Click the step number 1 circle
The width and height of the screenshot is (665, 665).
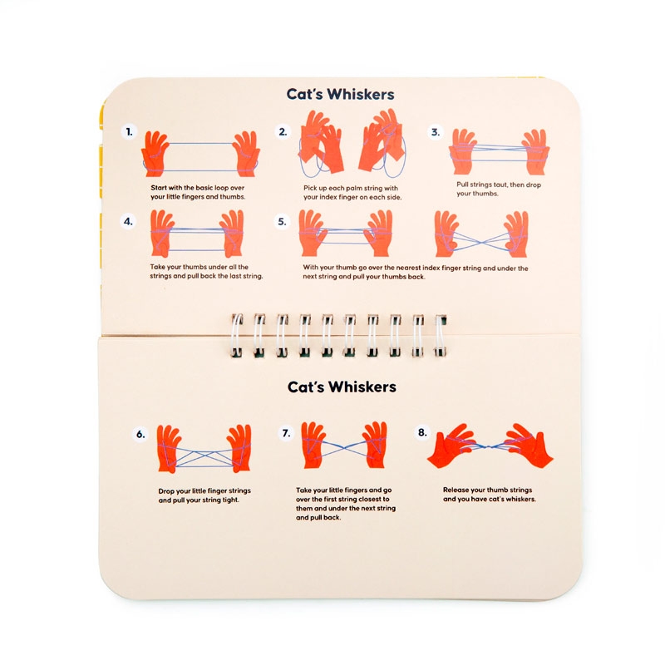coord(130,132)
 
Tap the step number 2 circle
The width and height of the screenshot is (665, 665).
coord(283,132)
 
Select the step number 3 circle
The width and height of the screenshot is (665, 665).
coord(435,132)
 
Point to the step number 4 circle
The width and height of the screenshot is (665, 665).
coord(128,221)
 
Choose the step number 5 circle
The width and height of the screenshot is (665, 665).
coord(282,221)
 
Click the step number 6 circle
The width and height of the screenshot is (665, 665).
coord(140,434)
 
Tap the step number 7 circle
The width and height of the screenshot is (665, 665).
coord(286,433)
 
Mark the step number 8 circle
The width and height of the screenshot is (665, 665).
coord(422,432)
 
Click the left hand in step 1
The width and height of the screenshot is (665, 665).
coord(155,154)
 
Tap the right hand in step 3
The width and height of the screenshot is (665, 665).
coord(535,152)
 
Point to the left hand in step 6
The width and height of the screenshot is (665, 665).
coord(170,449)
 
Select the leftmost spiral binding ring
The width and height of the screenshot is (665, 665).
coord(237,335)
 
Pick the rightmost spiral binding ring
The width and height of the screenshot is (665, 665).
coord(441,335)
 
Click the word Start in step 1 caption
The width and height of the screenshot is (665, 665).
coord(159,188)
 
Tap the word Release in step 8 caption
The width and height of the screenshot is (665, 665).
coord(456,490)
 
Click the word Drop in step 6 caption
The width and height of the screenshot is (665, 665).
coord(166,491)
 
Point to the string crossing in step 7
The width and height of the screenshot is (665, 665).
coord(344,448)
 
